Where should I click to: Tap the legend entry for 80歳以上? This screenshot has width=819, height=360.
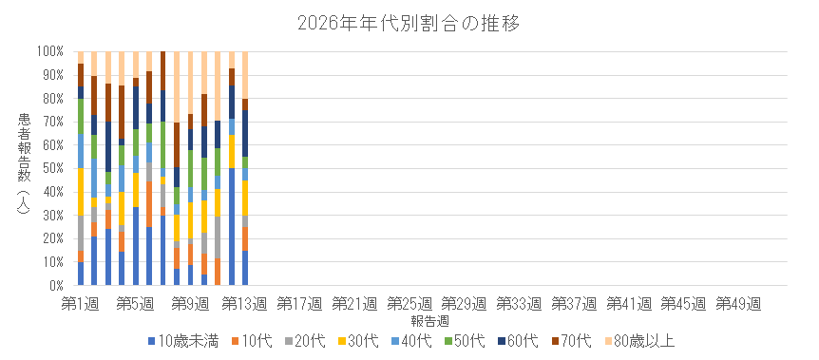pos(646,339)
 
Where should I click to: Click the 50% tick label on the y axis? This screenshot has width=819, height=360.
pos(50,168)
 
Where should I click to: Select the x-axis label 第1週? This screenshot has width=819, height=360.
pos(81,303)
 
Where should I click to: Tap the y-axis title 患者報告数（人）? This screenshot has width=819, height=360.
pos(24,168)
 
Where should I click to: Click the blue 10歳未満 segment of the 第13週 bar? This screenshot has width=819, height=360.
pos(245,268)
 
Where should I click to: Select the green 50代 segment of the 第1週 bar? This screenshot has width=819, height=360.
pos(81,116)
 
